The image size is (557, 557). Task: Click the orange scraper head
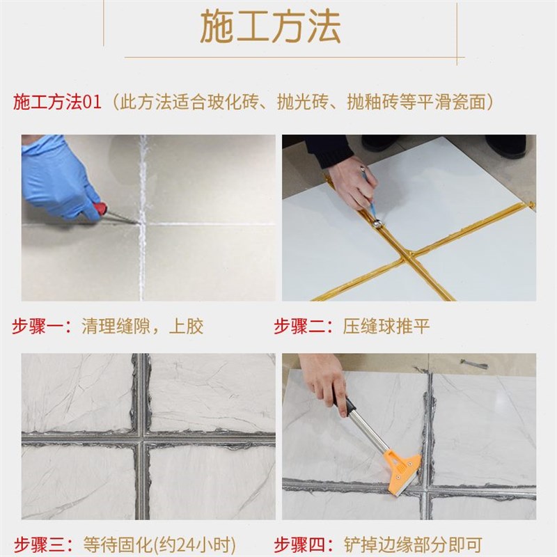pyautogui.click(x=402, y=465)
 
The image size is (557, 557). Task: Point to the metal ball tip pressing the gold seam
pyautogui.click(x=376, y=223)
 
